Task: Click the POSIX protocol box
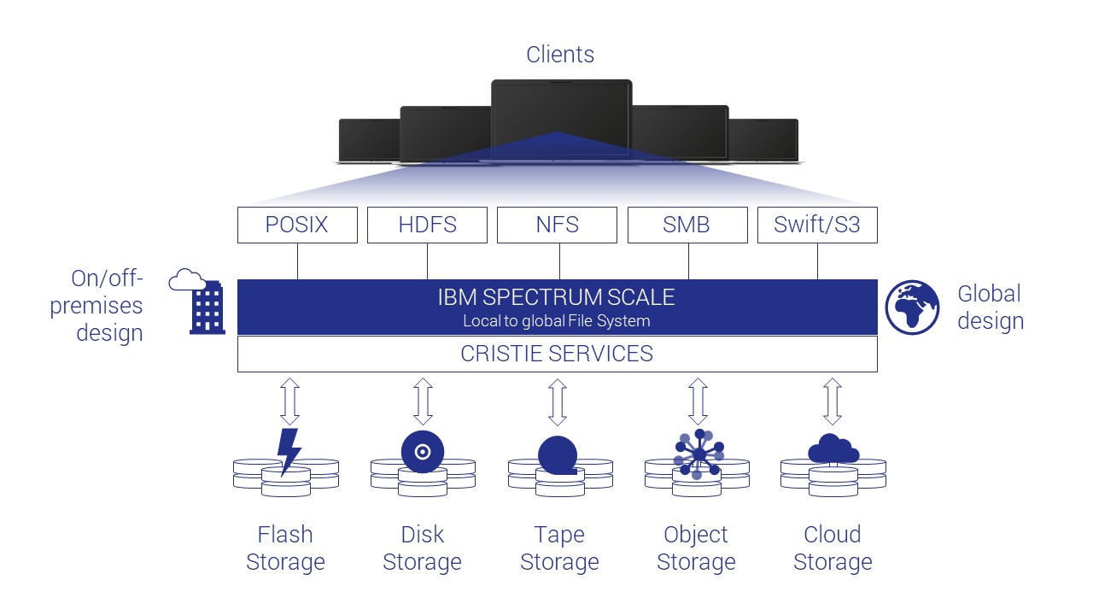pos(296,225)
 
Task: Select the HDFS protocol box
pos(427,225)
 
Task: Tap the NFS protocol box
pos(557,225)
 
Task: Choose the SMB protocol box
pos(687,225)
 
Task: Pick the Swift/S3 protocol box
pos(817,225)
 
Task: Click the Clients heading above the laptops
pos(560,55)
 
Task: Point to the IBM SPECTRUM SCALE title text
pos(557,297)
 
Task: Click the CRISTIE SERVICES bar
pos(557,354)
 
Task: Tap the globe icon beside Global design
pos(912,307)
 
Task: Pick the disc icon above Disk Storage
pos(423,450)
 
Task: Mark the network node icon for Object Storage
pos(698,454)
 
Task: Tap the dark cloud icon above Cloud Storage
pos(833,448)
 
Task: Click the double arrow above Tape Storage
pos(558,402)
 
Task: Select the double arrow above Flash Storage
pos(289,402)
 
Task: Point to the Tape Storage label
pos(559,548)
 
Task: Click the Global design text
pos(990,307)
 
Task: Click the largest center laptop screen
pos(561,115)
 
